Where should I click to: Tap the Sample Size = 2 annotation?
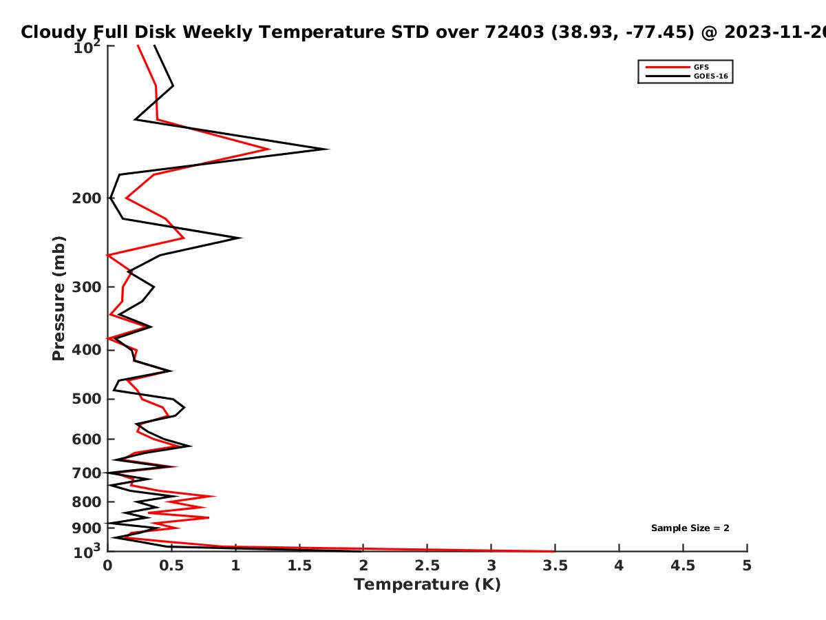(690, 528)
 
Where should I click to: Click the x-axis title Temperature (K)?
(427, 585)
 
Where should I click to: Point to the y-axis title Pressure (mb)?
(59, 298)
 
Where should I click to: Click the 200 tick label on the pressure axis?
(87, 198)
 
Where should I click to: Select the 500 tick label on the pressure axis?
(87, 399)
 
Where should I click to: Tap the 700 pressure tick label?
(87, 473)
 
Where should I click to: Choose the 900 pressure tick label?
(87, 528)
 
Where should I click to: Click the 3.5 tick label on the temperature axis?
(555, 566)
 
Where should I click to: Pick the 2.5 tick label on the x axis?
(427, 566)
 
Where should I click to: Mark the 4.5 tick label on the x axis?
(683, 566)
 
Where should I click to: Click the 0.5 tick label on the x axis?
(171, 566)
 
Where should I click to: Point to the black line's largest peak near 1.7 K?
(328, 149)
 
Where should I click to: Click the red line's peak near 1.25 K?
(269, 149)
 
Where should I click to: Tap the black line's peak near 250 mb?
(240, 238)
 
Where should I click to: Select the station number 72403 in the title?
(514, 32)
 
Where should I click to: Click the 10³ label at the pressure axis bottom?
(87, 551)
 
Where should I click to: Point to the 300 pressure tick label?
(87, 287)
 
